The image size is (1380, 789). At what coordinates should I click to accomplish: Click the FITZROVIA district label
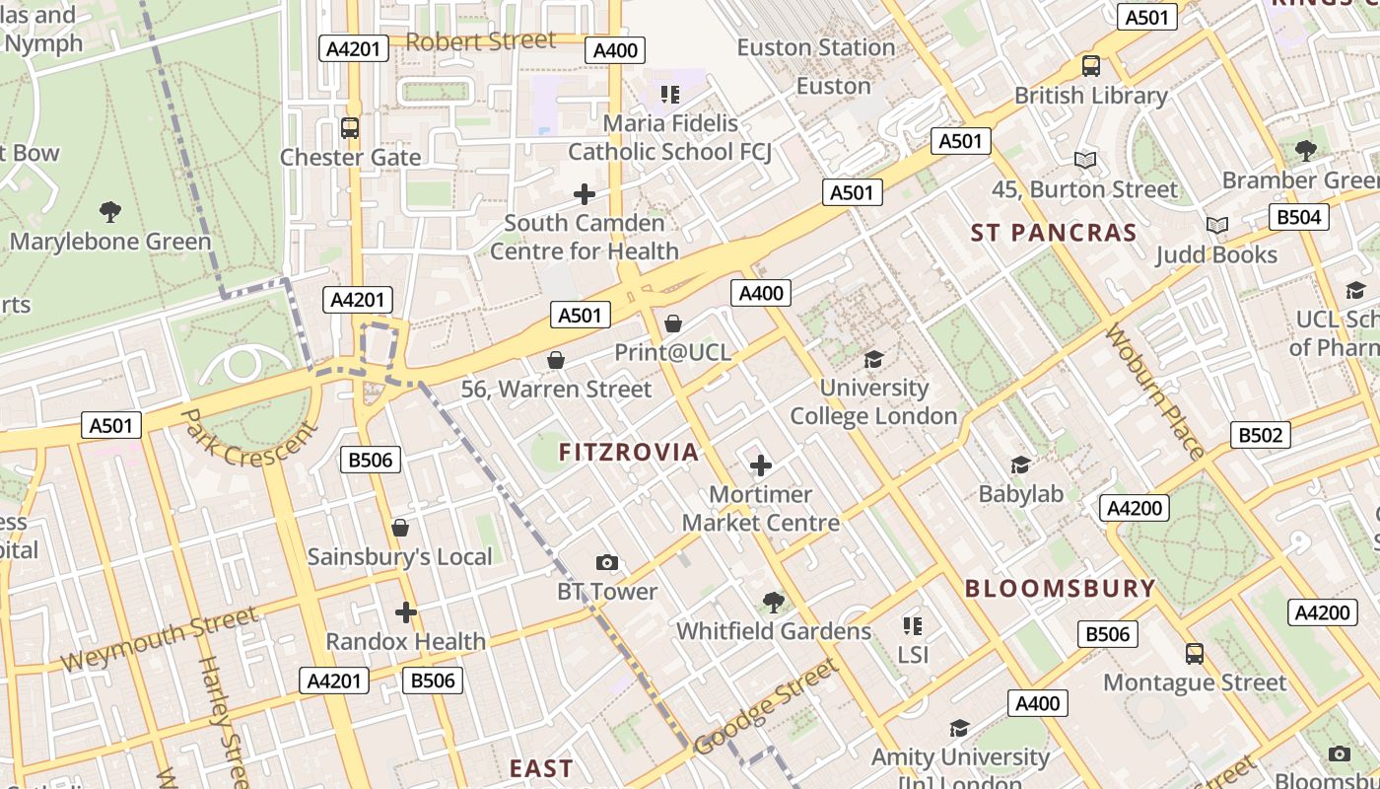(x=629, y=453)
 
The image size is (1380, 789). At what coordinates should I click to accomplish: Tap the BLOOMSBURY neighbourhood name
(x=1060, y=589)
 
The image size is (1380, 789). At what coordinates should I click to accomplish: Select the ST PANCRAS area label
(x=1054, y=233)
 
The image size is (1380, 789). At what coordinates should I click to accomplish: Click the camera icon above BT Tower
(x=607, y=563)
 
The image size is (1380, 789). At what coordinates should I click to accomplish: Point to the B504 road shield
(x=1298, y=217)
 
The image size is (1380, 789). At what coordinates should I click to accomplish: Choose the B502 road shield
(x=1261, y=435)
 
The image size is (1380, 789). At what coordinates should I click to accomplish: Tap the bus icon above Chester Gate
(x=350, y=128)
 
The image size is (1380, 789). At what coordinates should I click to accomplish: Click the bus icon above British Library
(x=1091, y=66)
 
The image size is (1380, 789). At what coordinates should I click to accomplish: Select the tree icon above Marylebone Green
(x=110, y=211)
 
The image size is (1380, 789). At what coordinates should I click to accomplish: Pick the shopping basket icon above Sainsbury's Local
(x=400, y=528)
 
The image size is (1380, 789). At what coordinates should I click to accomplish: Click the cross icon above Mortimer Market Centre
(x=761, y=466)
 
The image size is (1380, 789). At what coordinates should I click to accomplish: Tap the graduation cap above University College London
(x=873, y=359)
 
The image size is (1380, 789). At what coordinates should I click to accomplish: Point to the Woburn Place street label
(x=1154, y=392)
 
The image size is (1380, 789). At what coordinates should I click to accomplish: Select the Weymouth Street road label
(x=159, y=640)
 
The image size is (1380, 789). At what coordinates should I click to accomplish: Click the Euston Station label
(x=815, y=47)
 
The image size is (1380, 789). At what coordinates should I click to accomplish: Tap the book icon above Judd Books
(x=1217, y=226)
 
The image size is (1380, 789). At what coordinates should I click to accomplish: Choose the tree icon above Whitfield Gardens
(x=774, y=602)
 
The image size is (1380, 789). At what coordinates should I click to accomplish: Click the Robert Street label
(x=480, y=41)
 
